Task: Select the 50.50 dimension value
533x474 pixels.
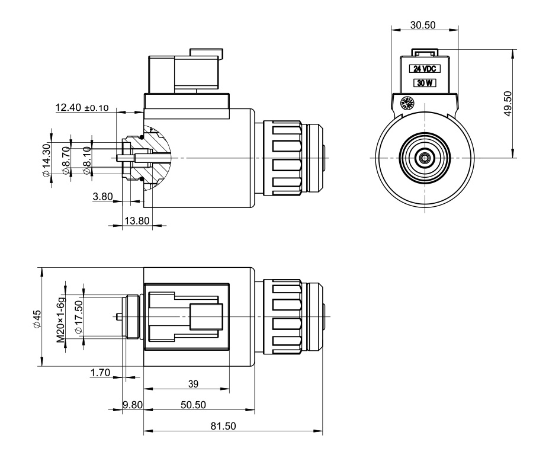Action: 193,405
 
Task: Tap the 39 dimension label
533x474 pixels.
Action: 192,384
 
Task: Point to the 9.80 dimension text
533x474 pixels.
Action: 133,405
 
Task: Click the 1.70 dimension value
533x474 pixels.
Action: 101,372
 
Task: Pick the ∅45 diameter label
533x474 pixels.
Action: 36,318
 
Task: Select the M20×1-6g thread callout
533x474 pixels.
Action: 60,318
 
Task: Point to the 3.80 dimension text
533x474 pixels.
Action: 103,197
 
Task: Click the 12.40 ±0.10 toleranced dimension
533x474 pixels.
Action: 82,108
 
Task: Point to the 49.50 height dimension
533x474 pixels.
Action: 508,104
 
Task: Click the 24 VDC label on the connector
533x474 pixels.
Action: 424,69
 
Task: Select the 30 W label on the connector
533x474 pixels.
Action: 424,84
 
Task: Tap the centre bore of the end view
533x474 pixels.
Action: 424,158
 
